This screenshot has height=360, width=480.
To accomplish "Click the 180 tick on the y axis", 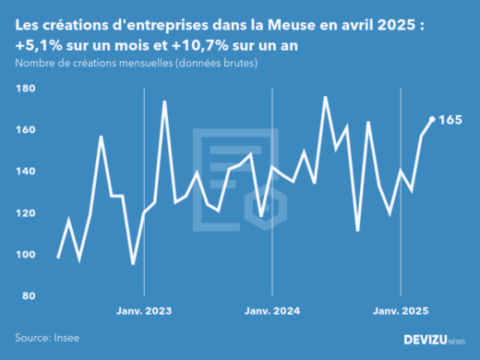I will tap(25, 89).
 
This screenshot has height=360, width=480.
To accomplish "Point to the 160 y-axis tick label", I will tap(25, 130).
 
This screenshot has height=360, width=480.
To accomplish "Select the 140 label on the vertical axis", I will tap(25, 172).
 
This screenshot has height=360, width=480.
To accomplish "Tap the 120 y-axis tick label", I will tap(25, 213).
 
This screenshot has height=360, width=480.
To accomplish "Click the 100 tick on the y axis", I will tap(25, 255).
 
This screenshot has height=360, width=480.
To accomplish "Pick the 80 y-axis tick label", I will tap(28, 296).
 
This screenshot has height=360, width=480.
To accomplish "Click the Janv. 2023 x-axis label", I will tap(144, 312).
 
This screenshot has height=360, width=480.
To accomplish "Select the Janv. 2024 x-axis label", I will tap(272, 312).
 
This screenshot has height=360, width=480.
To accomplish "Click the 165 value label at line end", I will tap(450, 120).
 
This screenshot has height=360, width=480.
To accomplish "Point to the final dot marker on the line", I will tap(432, 119).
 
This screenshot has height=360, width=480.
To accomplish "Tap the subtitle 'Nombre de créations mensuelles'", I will tap(136, 63).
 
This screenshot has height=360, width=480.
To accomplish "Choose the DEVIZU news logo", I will tap(435, 341).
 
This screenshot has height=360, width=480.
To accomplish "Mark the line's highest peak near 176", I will tap(326, 97).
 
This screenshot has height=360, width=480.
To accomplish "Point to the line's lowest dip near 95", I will tap(133, 264).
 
